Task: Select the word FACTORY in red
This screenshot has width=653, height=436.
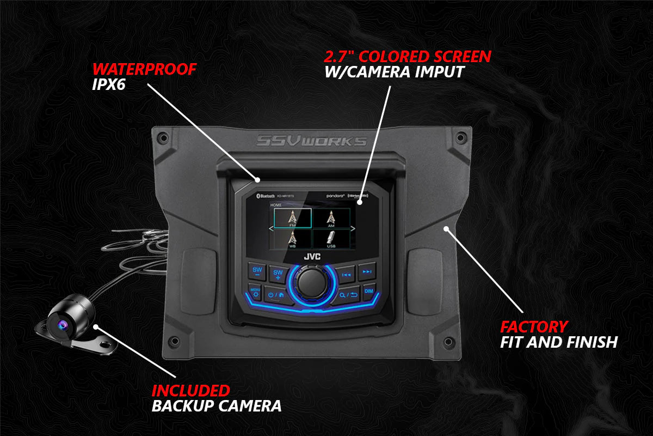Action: [x=534, y=327]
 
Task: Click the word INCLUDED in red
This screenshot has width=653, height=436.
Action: [x=190, y=390]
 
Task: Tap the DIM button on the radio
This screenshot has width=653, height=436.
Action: [x=369, y=291]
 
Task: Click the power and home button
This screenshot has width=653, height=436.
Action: [x=275, y=295]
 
